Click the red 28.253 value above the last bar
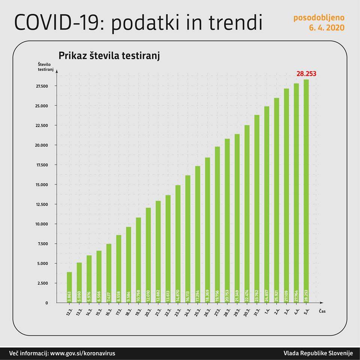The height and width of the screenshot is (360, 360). pyautogui.click(x=306, y=74)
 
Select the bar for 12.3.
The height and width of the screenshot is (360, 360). pyautogui.click(x=69, y=287)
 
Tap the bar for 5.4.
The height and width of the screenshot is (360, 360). pyautogui.click(x=306, y=191)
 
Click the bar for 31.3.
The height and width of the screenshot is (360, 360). pyautogui.click(x=257, y=208)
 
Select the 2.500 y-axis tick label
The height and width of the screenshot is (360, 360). pyautogui.click(x=44, y=283)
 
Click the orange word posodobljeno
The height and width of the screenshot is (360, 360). pyautogui.click(x=318, y=18)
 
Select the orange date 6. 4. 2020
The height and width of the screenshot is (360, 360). pyautogui.click(x=327, y=28)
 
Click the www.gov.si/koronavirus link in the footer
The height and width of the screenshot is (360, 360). pyautogui.click(x=82, y=353)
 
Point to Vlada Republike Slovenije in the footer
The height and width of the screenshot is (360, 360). pyautogui.click(x=318, y=353)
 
